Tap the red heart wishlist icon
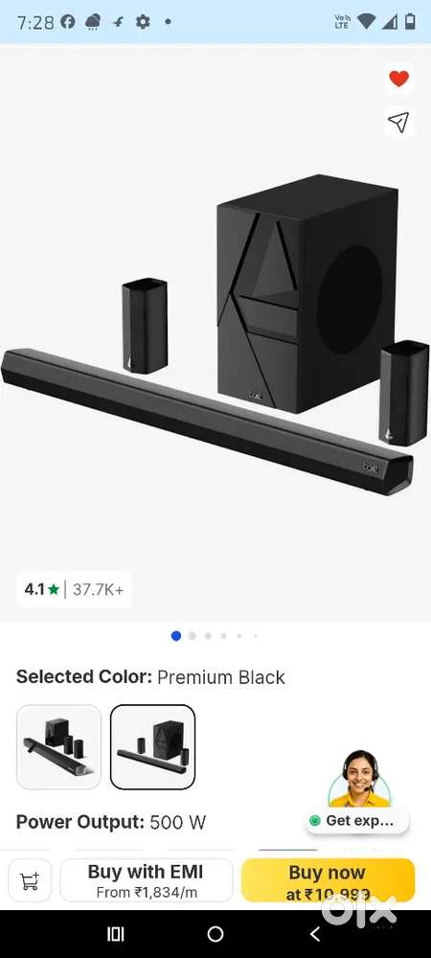pyautogui.click(x=399, y=80)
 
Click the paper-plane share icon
pyautogui.click(x=398, y=122)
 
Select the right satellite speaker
pyautogui.click(x=403, y=393)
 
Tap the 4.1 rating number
pyautogui.click(x=34, y=589)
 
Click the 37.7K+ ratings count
pyautogui.click(x=99, y=589)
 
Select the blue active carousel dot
pyautogui.click(x=176, y=635)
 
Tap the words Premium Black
pyautogui.click(x=221, y=677)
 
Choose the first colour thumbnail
pyautogui.click(x=58, y=747)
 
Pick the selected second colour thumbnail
pyautogui.click(x=152, y=747)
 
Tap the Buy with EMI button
pyautogui.click(x=147, y=880)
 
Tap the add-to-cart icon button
pyautogui.click(x=30, y=880)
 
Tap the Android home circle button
pyautogui.click(x=215, y=934)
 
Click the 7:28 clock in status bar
pyautogui.click(x=35, y=22)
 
